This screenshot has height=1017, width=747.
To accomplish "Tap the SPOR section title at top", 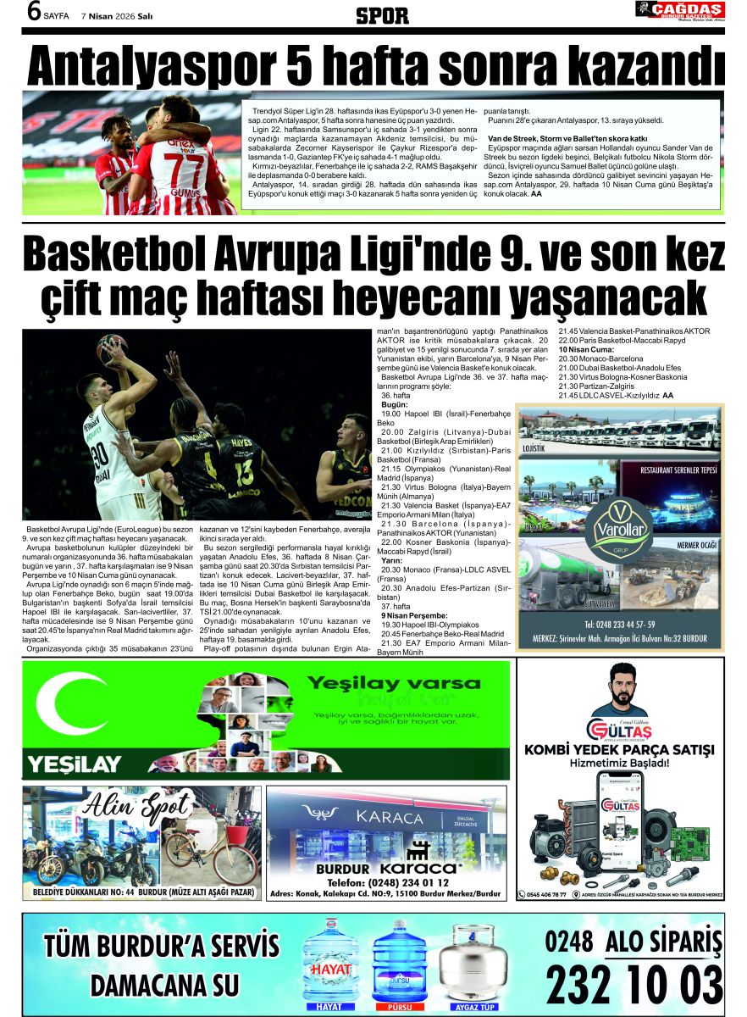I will click(x=382, y=15).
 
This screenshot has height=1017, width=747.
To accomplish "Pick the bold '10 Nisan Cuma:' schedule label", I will click(x=586, y=349).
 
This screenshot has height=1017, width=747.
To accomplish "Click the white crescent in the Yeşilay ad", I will click(x=68, y=703).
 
